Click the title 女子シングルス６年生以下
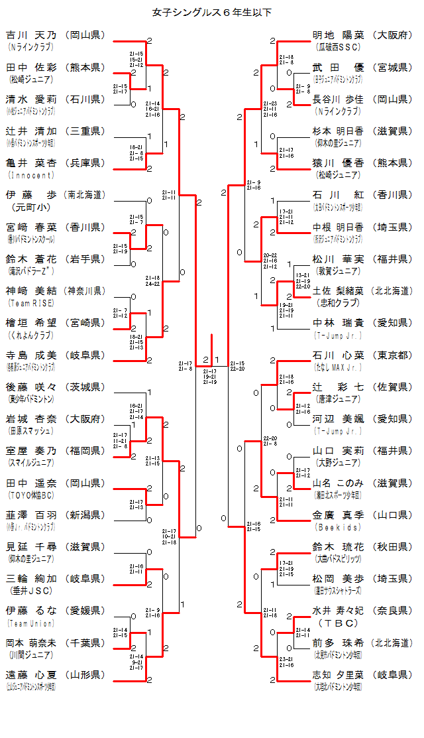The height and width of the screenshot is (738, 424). [212, 11]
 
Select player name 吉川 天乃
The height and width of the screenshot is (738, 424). [32, 35]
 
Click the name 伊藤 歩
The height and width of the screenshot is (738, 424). [32, 195]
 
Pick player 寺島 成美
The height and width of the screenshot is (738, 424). [32, 355]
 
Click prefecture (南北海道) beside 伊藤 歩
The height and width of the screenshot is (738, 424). [85, 195]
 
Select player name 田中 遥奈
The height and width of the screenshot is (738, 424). [32, 483]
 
